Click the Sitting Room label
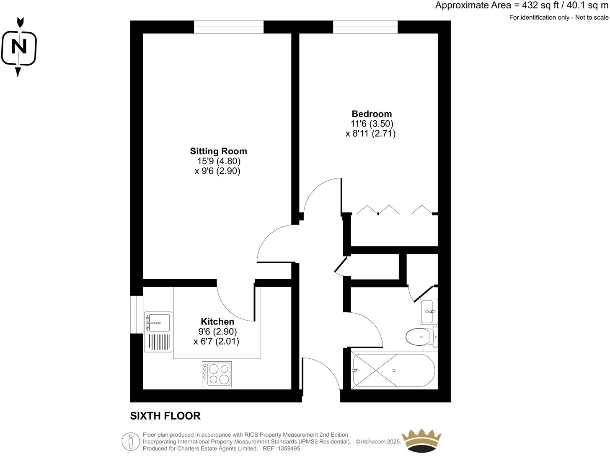click(x=218, y=151)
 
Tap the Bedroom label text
click(x=372, y=114)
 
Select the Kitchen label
click(x=217, y=321)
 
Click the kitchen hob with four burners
click(x=217, y=374)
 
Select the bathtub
click(x=394, y=370)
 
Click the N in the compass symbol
click(x=18, y=47)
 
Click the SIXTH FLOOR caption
click(x=165, y=416)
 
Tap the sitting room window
click(x=229, y=27)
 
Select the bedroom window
click(x=365, y=27)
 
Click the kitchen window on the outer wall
click(x=137, y=314)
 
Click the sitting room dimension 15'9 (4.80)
click(x=218, y=161)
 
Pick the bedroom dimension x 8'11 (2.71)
click(x=370, y=134)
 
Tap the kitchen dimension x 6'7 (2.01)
click(x=216, y=342)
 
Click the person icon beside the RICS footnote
click(x=130, y=441)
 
